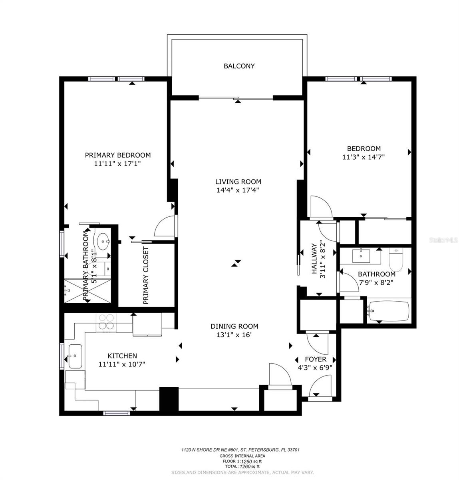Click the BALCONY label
pyautogui.click(x=239, y=66)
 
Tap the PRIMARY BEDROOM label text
pyautogui.click(x=117, y=155)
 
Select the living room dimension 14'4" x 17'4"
pyautogui.click(x=238, y=190)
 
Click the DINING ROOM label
pyautogui.click(x=234, y=326)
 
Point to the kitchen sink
pyautogui.click(x=75, y=356)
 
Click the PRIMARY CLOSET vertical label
pyautogui.click(x=146, y=275)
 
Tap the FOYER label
pyautogui.click(x=316, y=359)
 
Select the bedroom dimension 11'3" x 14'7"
pyautogui.click(x=363, y=157)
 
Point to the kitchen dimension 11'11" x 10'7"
pyautogui.click(x=122, y=364)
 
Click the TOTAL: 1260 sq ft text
pyautogui.click(x=242, y=466)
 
